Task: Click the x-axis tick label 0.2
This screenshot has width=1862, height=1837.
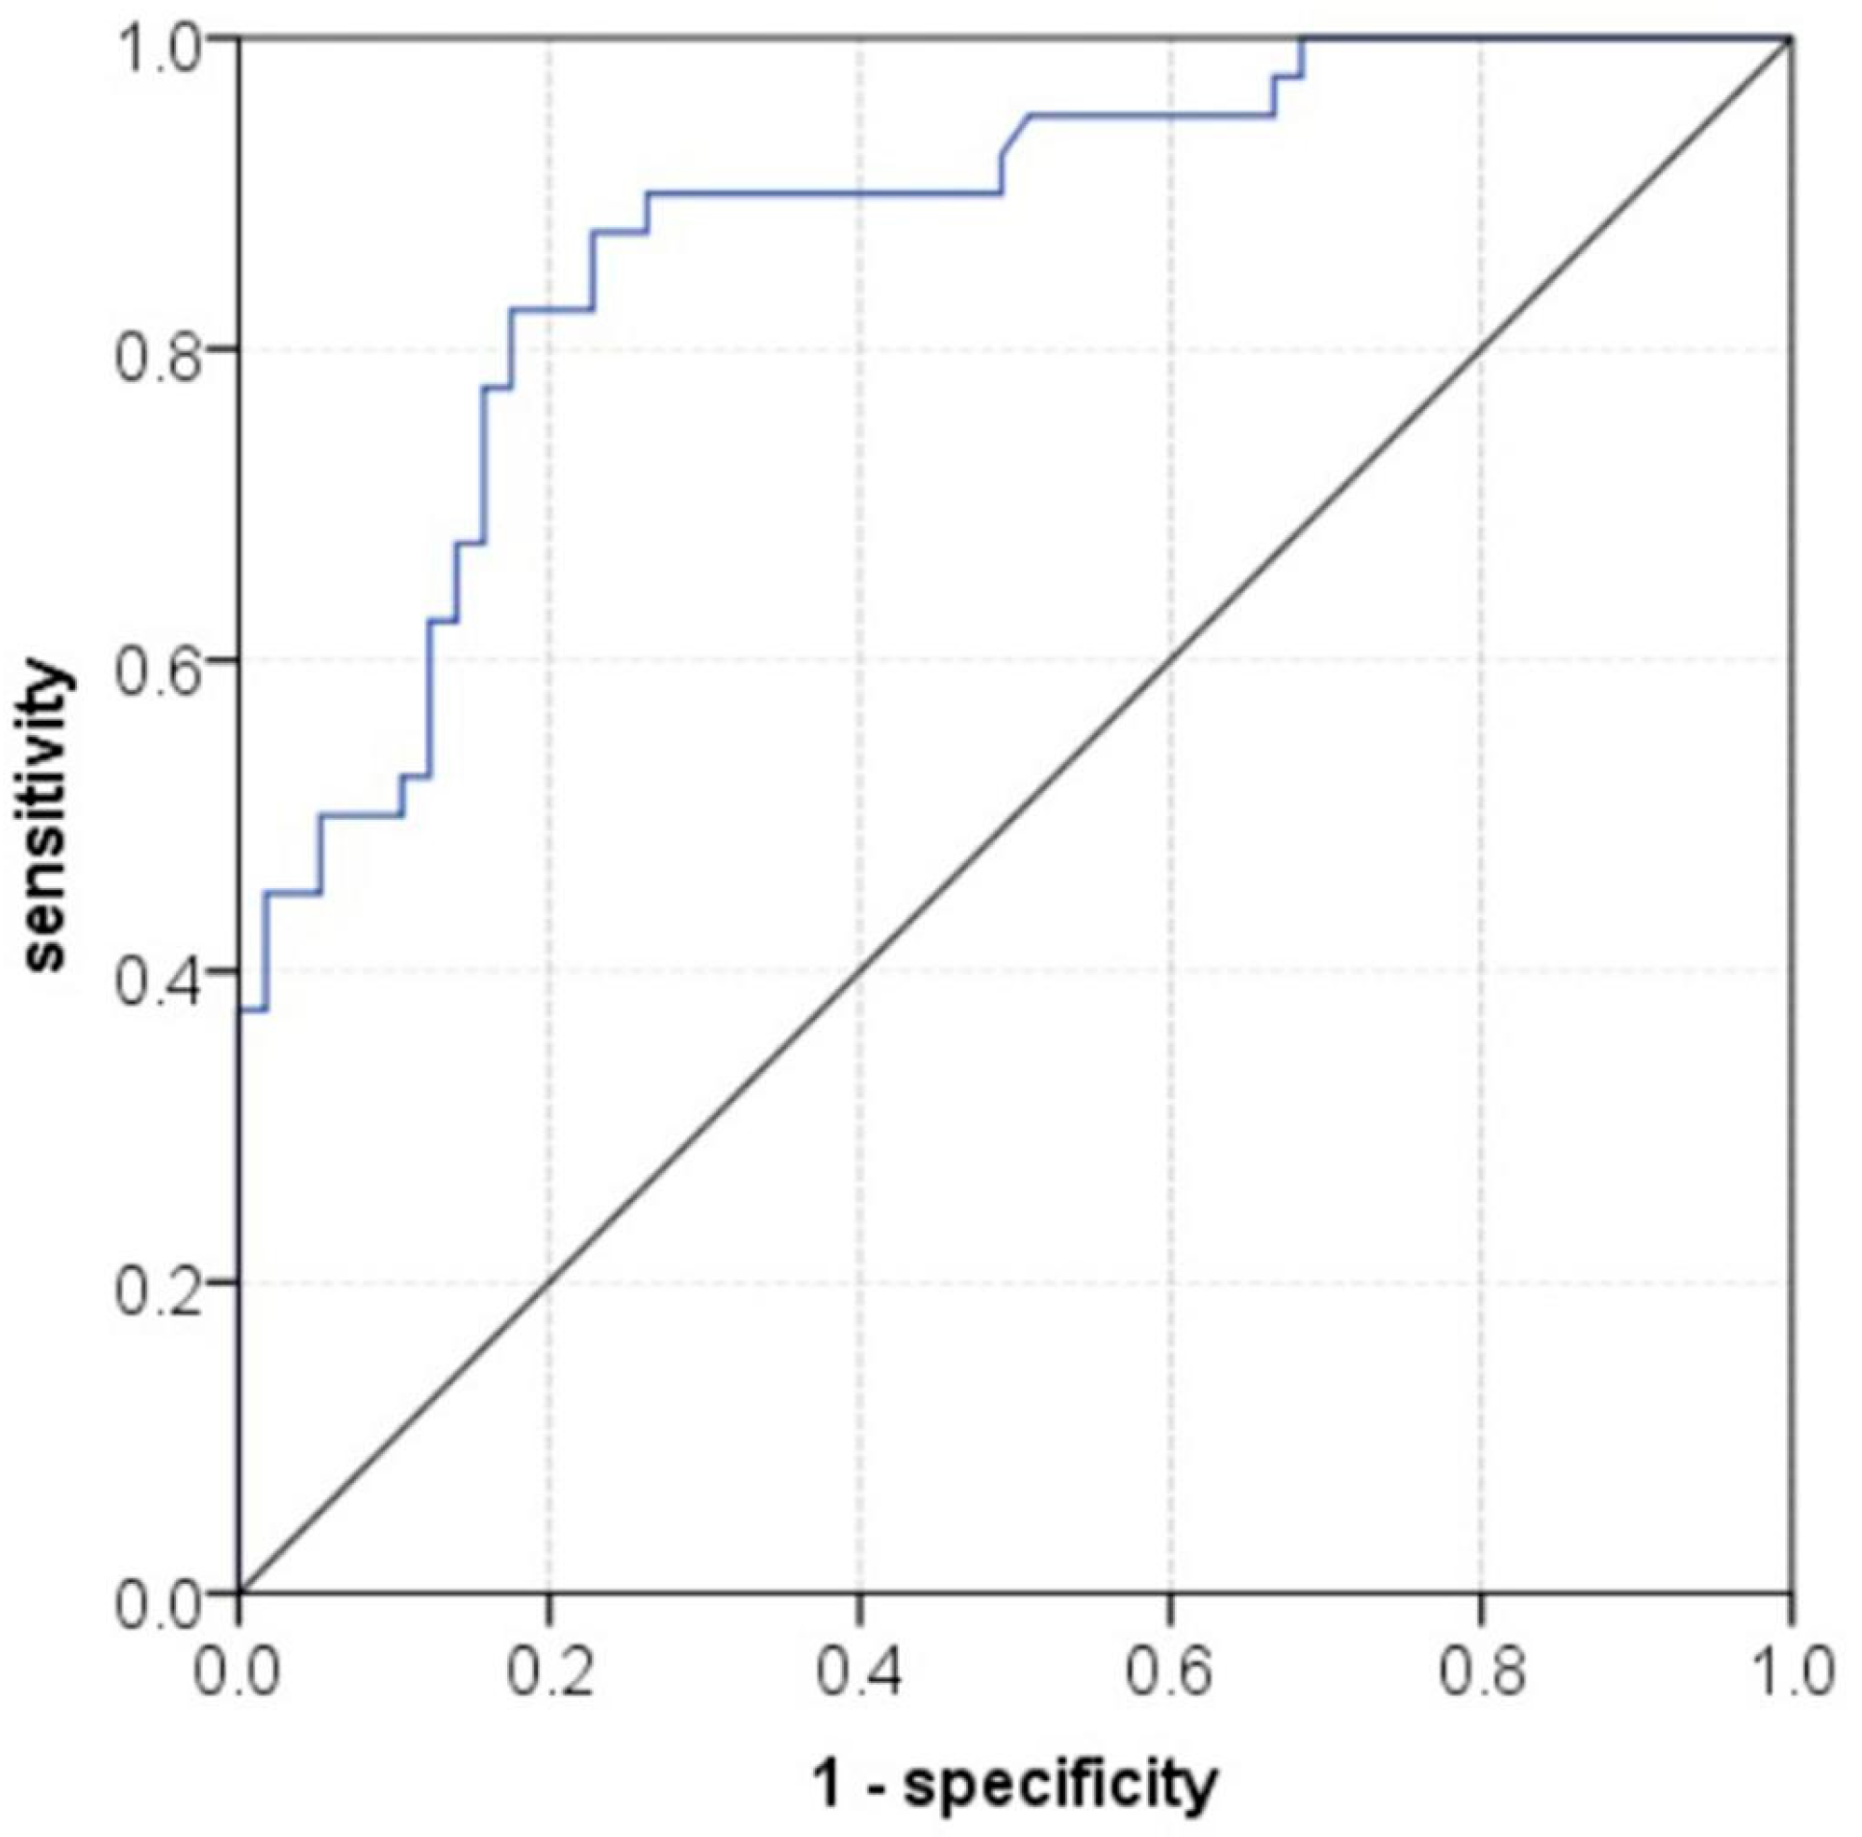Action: point(548,1673)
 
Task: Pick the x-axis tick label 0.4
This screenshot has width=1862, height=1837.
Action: point(858,1673)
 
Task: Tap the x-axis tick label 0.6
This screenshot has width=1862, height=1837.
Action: point(1169,1673)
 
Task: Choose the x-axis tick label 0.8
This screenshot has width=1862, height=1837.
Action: point(1481,1673)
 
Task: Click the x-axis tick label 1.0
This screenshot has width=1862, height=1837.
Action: point(1791,1673)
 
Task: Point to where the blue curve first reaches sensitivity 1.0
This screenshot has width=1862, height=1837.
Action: point(1303,38)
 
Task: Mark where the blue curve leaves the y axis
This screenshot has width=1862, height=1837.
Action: point(239,1009)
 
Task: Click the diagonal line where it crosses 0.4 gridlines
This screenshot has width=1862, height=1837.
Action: point(859,972)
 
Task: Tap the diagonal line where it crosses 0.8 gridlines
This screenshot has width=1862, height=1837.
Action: point(1481,349)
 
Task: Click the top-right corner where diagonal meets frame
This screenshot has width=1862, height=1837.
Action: point(1791,38)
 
